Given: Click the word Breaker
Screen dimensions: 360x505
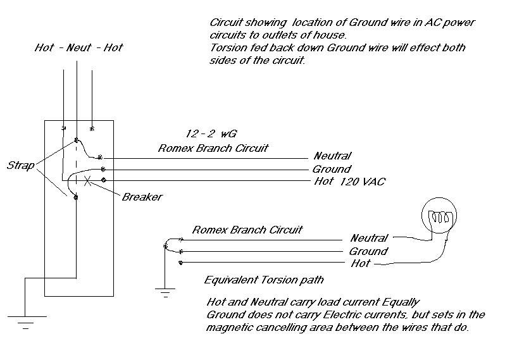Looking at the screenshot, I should (142, 197).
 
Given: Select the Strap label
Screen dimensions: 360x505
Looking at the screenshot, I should (20, 165).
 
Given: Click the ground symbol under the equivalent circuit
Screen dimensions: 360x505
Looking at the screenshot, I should (164, 292).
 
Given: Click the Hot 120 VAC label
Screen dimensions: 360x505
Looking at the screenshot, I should (349, 182).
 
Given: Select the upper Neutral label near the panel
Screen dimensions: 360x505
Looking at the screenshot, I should (332, 156).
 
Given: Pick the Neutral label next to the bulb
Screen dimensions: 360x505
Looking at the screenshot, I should (369, 239).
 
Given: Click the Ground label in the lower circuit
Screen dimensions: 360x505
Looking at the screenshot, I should (369, 251).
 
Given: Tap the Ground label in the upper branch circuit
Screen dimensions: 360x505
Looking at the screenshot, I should (331, 169).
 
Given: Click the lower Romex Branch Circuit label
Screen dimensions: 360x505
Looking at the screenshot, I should (247, 229).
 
